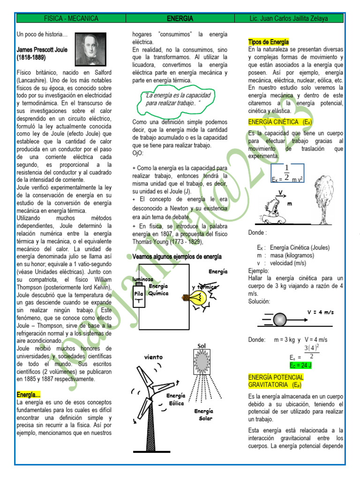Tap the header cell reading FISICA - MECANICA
(x=71, y=19)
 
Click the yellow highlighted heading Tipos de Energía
(x=269, y=42)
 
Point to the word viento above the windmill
(x=153, y=357)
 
